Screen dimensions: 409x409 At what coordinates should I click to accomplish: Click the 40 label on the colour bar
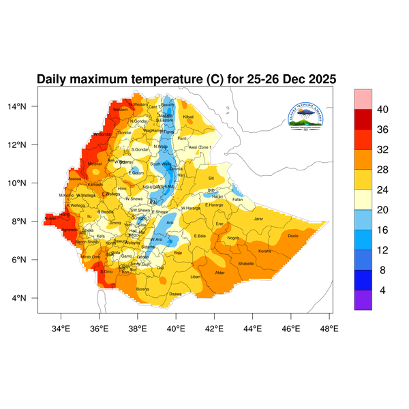pyautogui.click(x=382, y=110)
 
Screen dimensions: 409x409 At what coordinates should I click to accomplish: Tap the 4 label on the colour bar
pyautogui.click(x=382, y=290)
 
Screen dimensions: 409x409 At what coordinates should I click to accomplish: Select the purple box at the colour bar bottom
pyautogui.click(x=363, y=300)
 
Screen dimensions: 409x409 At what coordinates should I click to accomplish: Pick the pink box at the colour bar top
pyautogui.click(x=363, y=98)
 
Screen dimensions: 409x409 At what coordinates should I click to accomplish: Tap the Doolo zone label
pyautogui.click(x=293, y=236)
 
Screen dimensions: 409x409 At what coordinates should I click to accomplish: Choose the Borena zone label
pyautogui.click(x=142, y=289)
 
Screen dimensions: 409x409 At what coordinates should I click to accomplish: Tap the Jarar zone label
pyautogui.click(x=258, y=219)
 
